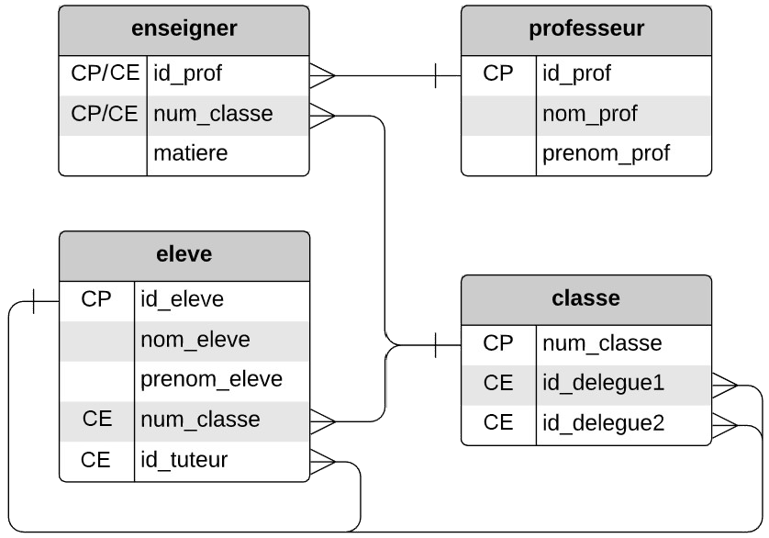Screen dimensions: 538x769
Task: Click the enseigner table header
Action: [x=184, y=28]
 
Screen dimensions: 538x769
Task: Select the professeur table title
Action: [x=585, y=28]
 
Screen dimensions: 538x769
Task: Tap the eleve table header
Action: [x=184, y=254]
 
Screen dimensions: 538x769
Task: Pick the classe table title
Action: [x=585, y=298]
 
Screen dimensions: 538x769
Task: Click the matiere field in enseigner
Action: [x=191, y=153]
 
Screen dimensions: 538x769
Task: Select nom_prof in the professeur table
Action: [x=589, y=114]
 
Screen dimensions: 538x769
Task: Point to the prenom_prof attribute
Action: [x=606, y=153]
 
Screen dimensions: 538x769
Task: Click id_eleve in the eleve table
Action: [x=182, y=299]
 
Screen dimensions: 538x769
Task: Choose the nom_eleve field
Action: [x=195, y=340]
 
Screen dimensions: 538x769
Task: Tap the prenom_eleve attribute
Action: [x=211, y=379]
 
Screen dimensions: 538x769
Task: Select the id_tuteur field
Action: [x=184, y=459]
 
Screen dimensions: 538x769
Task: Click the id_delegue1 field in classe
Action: [x=603, y=383]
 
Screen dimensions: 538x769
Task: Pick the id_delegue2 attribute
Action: [x=603, y=423]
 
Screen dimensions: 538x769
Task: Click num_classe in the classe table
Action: [x=602, y=343]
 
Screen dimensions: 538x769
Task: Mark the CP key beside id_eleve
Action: [x=96, y=299]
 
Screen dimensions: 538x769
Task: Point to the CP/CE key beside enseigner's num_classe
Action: [x=104, y=114]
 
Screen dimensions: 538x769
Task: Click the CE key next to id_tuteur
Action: [x=96, y=459]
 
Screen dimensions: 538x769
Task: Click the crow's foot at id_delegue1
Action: [x=724, y=383]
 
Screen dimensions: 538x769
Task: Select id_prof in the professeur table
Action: [x=576, y=73]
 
